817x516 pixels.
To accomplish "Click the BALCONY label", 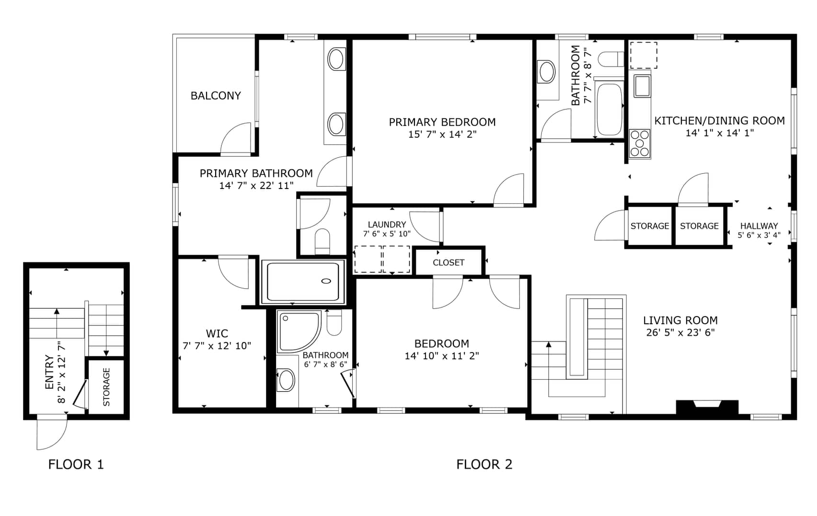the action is (216, 95).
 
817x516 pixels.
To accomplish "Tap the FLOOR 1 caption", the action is (76, 464).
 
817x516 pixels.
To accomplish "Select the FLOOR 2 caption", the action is (484, 464).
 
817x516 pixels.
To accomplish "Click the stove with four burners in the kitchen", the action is (640, 143).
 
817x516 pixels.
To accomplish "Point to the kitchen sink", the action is (642, 86).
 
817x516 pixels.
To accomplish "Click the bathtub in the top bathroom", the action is (609, 108).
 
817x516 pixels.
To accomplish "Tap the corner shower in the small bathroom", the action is (299, 331).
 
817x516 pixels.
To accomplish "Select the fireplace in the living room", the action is (707, 407).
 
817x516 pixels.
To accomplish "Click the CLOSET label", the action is (448, 262).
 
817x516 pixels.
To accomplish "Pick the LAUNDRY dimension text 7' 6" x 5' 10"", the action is (387, 234).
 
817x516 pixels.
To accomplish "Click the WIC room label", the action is (217, 333).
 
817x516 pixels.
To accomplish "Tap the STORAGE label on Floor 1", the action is (106, 387).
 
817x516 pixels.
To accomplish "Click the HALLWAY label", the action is (759, 226).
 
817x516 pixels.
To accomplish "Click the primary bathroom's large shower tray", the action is (303, 281).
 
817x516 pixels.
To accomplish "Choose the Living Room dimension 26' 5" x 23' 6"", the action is (680, 332).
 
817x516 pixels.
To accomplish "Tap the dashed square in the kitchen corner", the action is (644, 55).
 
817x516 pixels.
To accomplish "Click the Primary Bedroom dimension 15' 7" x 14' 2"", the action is (442, 134).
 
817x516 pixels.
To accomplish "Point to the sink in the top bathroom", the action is (547, 71).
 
